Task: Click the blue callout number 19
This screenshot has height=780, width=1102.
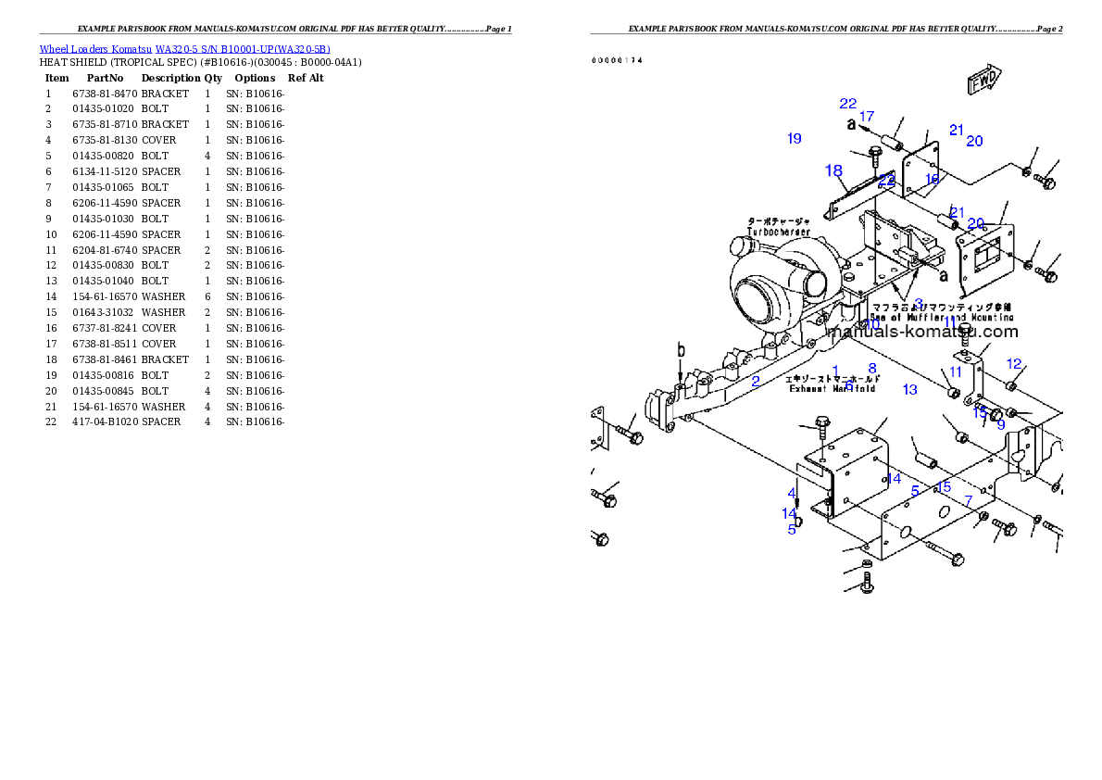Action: (x=794, y=139)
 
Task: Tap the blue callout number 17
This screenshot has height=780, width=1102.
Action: (x=866, y=117)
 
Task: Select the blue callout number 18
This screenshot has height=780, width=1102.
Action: (x=833, y=170)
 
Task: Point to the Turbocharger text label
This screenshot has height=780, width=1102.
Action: (x=779, y=227)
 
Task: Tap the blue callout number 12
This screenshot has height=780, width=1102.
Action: (x=1014, y=364)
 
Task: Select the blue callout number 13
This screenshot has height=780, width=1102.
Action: (x=909, y=390)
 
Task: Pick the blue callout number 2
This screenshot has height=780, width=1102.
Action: (x=756, y=382)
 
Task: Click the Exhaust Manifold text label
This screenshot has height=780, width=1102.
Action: (x=833, y=384)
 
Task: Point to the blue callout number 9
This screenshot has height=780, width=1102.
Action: (x=1000, y=424)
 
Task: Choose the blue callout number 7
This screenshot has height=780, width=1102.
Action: (x=969, y=500)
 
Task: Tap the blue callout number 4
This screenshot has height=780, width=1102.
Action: (x=792, y=493)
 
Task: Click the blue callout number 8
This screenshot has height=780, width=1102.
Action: (x=871, y=369)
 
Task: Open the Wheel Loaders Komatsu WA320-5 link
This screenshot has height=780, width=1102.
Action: (x=184, y=49)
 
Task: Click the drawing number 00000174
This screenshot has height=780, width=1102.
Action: (x=617, y=60)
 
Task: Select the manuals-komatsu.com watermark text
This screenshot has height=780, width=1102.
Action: (x=922, y=332)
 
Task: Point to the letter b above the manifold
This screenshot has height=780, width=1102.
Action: (x=681, y=350)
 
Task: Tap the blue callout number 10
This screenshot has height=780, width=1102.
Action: (x=871, y=324)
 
